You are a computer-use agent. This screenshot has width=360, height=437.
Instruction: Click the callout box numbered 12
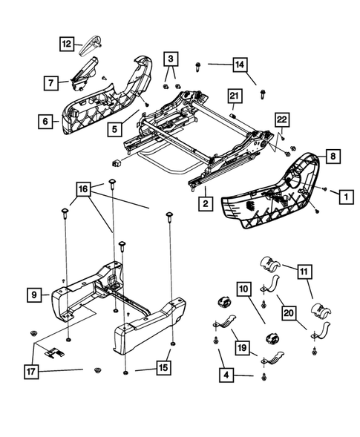[x=68, y=45]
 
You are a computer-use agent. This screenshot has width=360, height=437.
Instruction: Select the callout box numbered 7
[x=50, y=83]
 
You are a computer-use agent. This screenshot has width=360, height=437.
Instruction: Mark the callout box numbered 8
[x=333, y=157]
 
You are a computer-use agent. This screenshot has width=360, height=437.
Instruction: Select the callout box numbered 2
[x=203, y=201]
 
